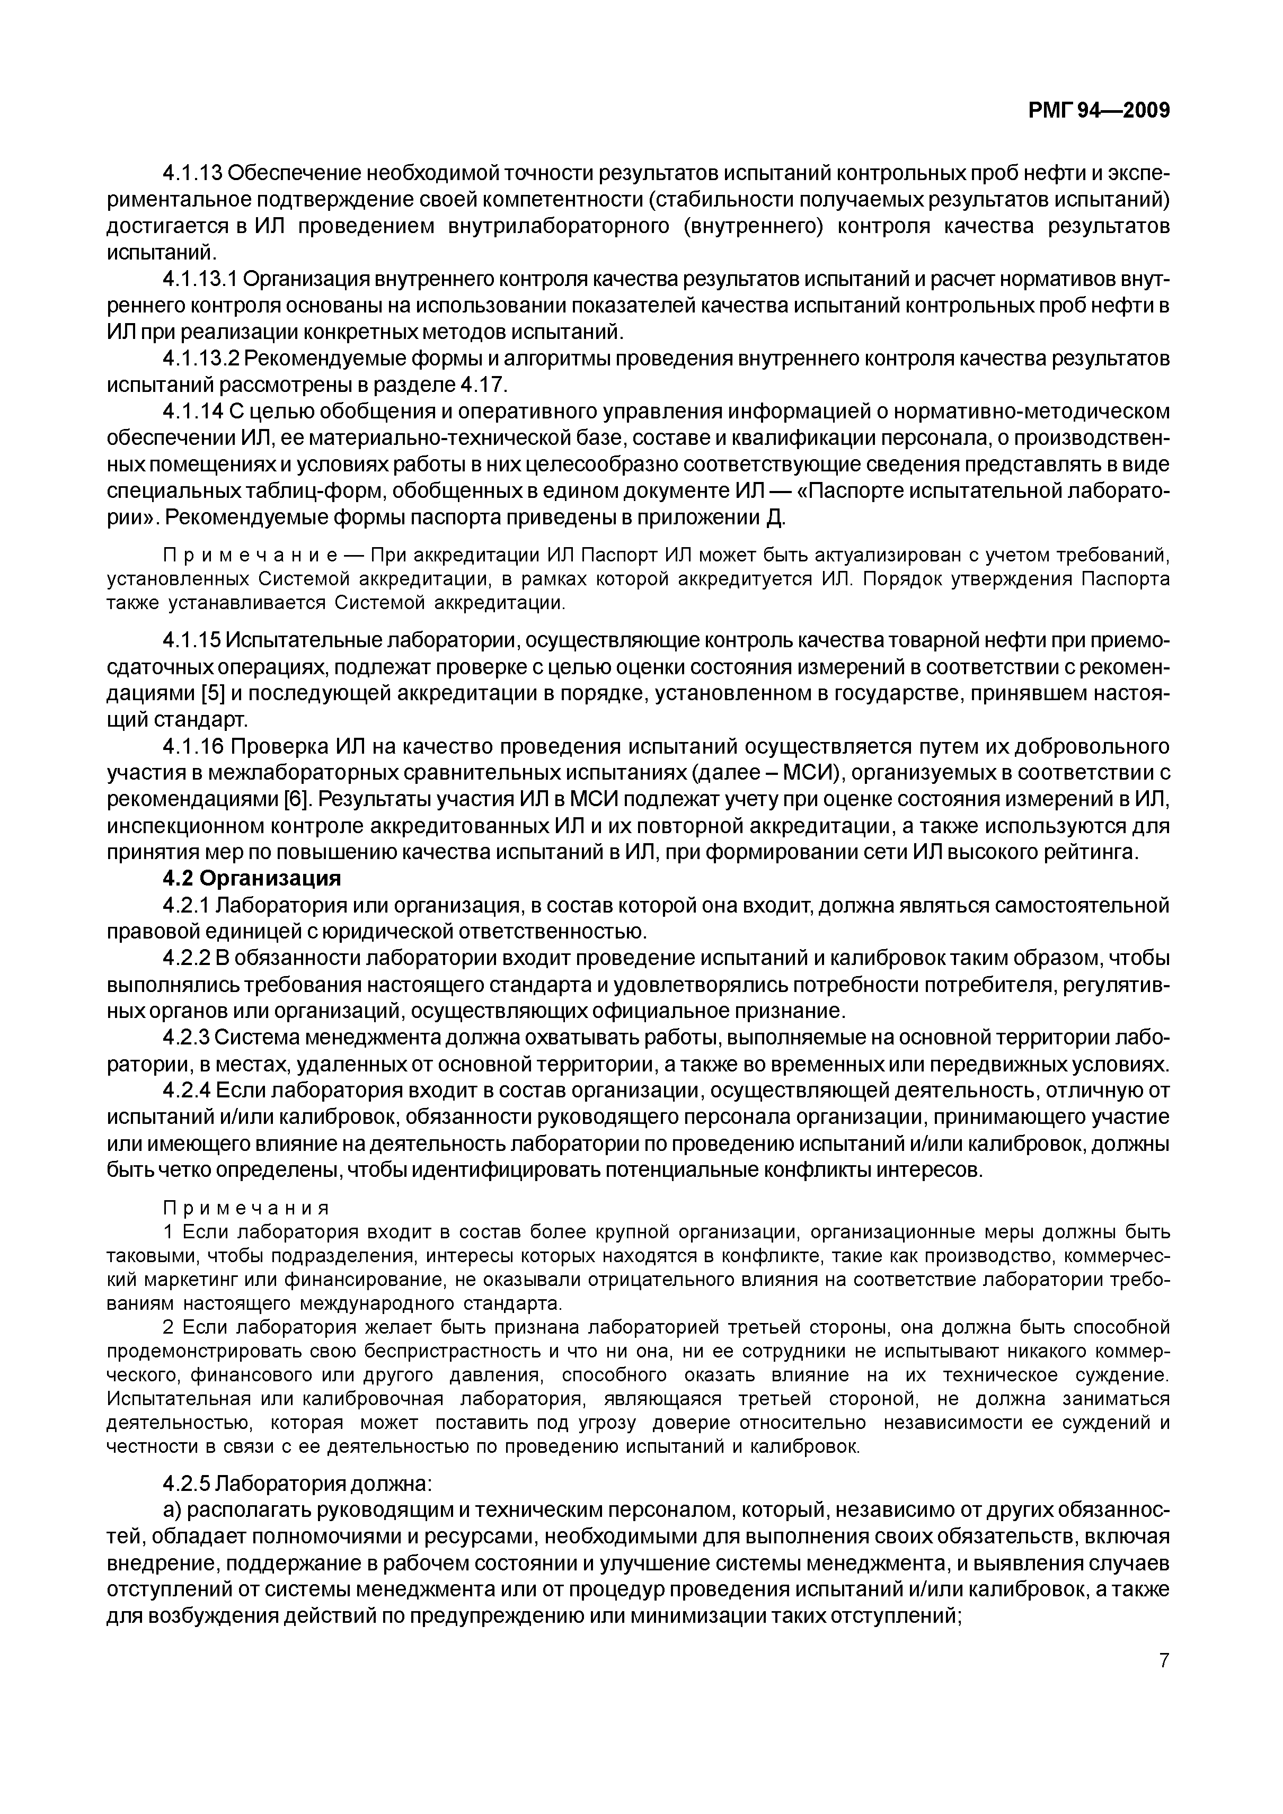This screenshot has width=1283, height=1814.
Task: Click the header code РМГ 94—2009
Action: tap(1098, 111)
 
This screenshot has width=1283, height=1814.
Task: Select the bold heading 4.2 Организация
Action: tap(251, 879)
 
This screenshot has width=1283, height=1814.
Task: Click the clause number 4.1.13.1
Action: tap(200, 279)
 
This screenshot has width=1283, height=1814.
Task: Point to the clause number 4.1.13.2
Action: tap(200, 359)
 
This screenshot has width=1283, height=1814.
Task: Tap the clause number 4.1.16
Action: tap(193, 747)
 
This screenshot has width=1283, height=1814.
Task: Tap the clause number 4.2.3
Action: tap(186, 1038)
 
